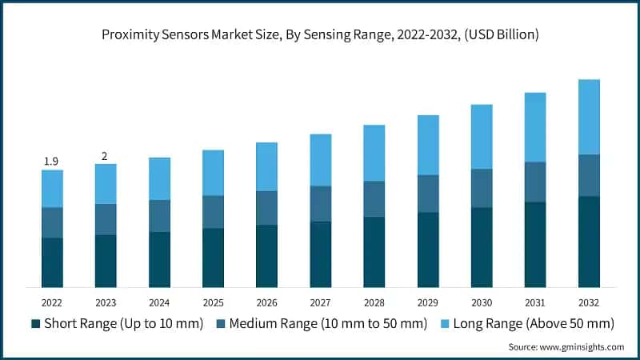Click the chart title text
click(320, 35)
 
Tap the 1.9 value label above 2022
click(51, 162)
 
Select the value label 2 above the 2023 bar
click(105, 156)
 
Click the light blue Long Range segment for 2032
click(589, 117)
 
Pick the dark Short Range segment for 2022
click(52, 262)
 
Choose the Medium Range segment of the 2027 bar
click(320, 204)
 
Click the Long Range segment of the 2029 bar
click(428, 145)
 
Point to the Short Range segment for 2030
click(482, 247)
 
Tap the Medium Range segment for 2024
click(159, 216)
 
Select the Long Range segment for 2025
click(213, 173)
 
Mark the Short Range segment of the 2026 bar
click(266, 256)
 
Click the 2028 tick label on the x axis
click(374, 303)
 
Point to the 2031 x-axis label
click(535, 303)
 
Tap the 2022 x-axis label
click(52, 303)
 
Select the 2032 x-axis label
click(589, 303)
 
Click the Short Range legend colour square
click(35, 324)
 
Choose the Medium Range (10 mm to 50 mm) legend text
click(327, 324)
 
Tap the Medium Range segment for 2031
click(535, 182)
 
